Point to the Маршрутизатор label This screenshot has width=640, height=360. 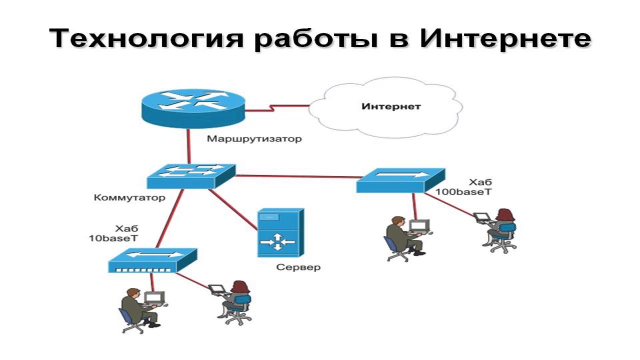click(254, 138)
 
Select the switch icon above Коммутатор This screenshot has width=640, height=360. click(190, 175)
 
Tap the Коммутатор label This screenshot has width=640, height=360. click(129, 197)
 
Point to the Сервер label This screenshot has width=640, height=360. click(298, 267)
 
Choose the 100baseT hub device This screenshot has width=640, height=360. click(400, 179)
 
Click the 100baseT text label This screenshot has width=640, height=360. click(460, 191)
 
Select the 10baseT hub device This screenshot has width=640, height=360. click(152, 260)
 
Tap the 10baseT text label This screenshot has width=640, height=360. click(113, 238)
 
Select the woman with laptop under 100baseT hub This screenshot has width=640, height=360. click(500, 227)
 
